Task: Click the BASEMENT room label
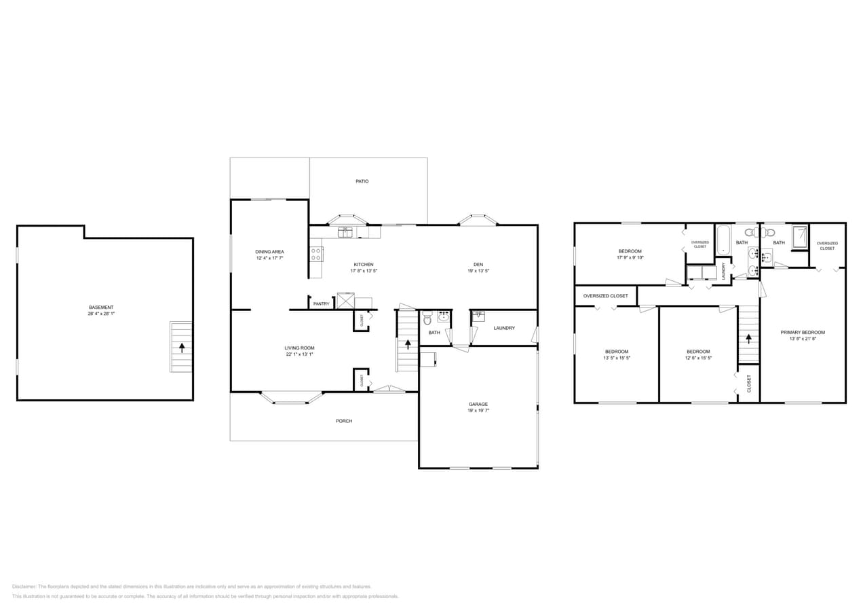[x=101, y=307]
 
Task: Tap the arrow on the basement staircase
[x=181, y=348]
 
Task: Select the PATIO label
[x=362, y=181]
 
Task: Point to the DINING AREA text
[x=269, y=252]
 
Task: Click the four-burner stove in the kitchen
[x=316, y=254]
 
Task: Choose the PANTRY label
[x=321, y=303]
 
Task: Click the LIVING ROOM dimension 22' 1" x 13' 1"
[x=299, y=354]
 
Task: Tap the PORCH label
[x=344, y=421]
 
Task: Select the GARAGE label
[x=478, y=404]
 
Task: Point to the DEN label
[x=478, y=264]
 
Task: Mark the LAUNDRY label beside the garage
[x=504, y=328]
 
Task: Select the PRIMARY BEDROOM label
[x=803, y=332]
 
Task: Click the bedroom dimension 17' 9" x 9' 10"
[x=630, y=257]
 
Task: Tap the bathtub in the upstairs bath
[x=723, y=240]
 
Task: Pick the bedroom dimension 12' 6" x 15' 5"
[x=698, y=358]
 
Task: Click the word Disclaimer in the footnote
[x=24, y=587]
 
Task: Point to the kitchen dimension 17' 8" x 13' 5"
[x=363, y=271]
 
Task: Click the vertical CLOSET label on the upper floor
[x=749, y=384]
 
